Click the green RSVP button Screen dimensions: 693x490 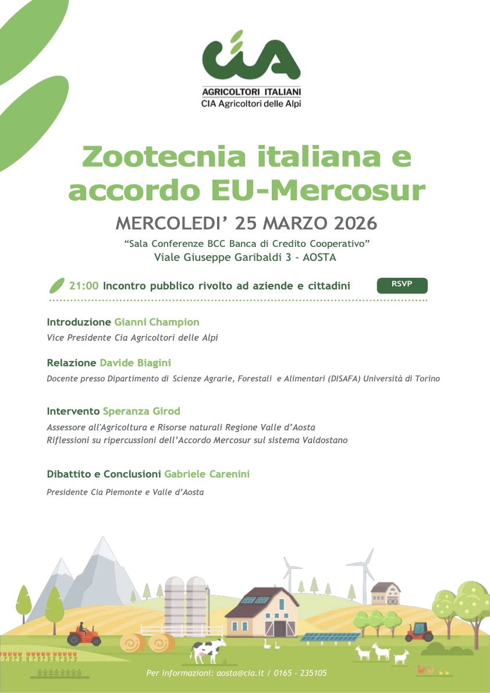[x=402, y=285]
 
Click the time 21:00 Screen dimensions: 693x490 [x=84, y=286]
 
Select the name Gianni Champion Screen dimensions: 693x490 [x=157, y=322]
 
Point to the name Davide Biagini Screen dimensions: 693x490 [x=135, y=363]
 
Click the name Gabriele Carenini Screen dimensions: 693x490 [x=207, y=474]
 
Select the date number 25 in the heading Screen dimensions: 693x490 [x=243, y=223]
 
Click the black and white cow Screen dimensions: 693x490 [x=207, y=649]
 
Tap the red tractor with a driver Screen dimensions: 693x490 [x=84, y=634]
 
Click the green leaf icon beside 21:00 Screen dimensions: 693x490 [x=56, y=286]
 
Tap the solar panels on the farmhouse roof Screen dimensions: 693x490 [x=257, y=599]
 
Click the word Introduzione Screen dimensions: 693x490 [x=79, y=322]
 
